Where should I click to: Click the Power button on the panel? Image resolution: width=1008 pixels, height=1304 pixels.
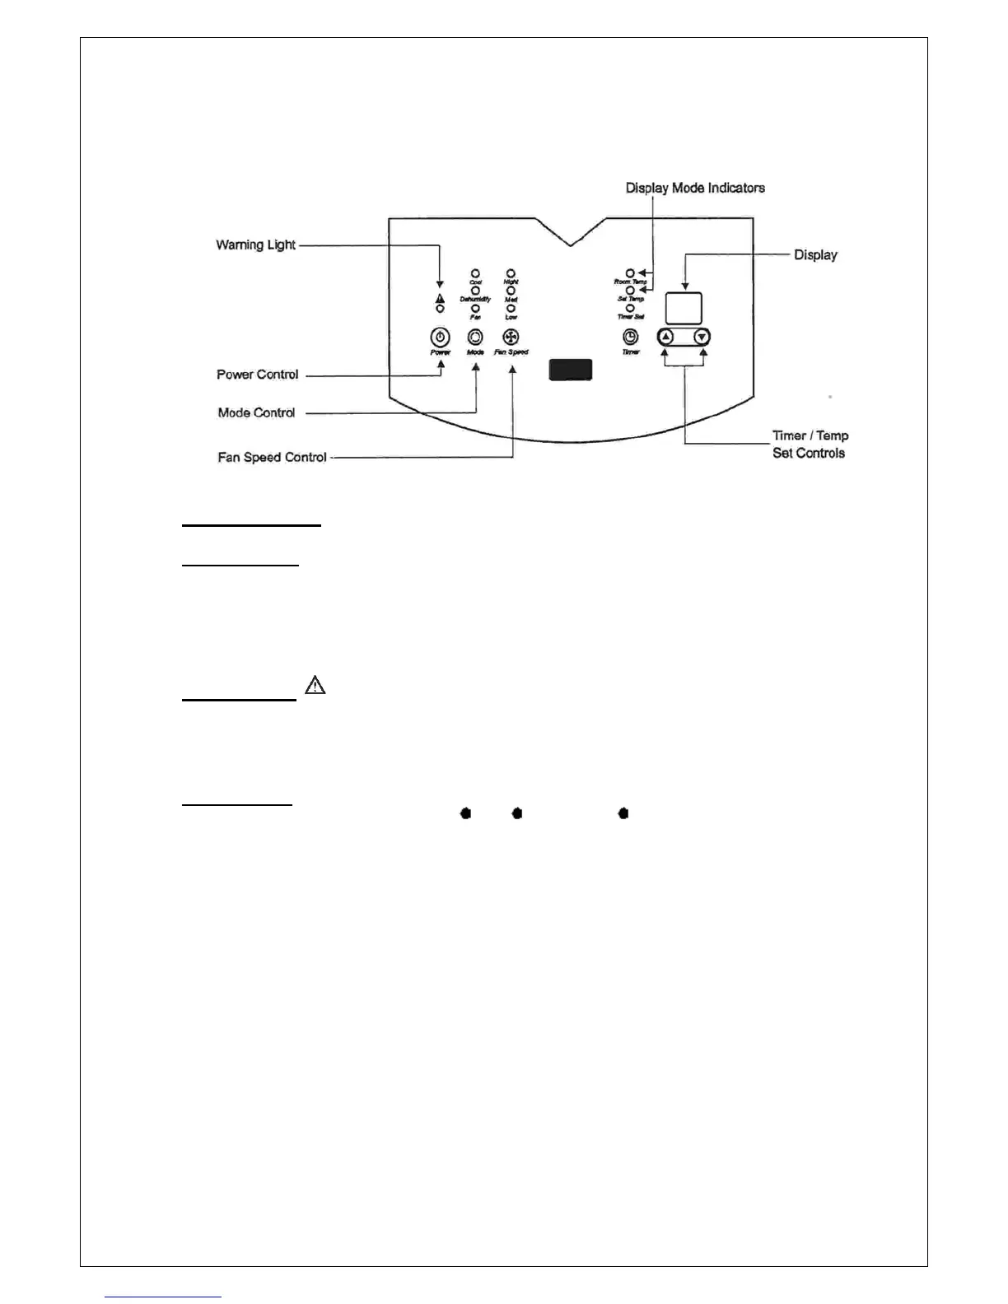(x=441, y=337)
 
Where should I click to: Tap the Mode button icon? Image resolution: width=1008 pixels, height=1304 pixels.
(x=475, y=337)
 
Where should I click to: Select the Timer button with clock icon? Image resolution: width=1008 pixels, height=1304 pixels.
(x=630, y=337)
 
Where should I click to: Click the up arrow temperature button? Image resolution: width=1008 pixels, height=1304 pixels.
(x=666, y=337)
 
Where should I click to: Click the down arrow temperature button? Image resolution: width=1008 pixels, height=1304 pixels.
(x=702, y=337)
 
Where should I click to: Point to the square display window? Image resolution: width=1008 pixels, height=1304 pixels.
(x=684, y=308)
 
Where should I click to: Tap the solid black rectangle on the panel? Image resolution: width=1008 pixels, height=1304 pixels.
(x=571, y=370)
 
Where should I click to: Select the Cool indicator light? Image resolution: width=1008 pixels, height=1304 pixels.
(x=475, y=273)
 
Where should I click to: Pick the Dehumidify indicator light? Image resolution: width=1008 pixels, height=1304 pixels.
(x=475, y=291)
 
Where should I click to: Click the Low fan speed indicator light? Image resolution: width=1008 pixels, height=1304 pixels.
(x=511, y=308)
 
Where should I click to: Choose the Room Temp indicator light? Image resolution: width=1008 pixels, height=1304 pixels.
(x=630, y=272)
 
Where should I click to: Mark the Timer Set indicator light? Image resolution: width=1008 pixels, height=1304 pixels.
(x=630, y=308)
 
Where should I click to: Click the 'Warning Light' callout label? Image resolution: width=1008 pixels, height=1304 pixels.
(x=255, y=244)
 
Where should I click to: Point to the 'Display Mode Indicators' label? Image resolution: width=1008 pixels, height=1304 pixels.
(x=695, y=188)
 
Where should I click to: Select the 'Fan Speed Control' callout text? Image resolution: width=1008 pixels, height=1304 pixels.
(x=272, y=457)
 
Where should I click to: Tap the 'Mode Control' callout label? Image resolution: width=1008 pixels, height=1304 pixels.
(x=256, y=412)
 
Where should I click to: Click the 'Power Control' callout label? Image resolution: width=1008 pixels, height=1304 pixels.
(x=257, y=375)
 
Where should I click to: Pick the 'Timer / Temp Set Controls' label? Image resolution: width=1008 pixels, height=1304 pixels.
(x=810, y=444)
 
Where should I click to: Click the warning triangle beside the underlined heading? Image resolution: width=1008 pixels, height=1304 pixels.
(x=315, y=685)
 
